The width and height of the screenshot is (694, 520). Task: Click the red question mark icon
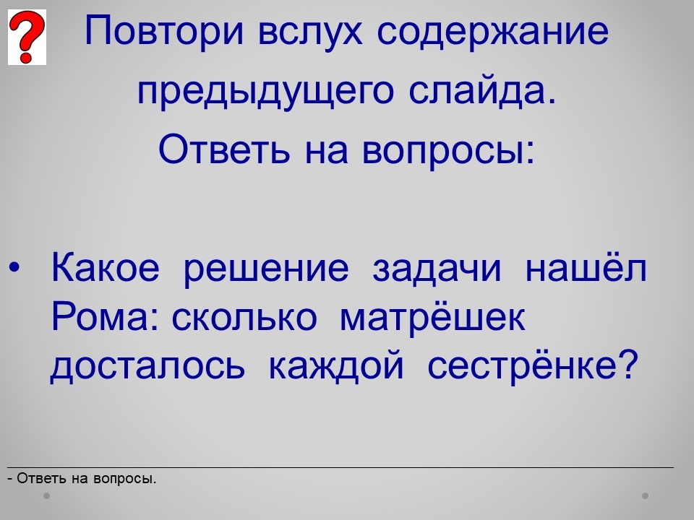(27, 37)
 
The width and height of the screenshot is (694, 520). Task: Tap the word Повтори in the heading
(164, 31)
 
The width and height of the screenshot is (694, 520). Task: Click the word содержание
(493, 32)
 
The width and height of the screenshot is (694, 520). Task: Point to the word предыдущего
(265, 91)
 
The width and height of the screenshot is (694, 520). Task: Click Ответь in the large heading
(224, 149)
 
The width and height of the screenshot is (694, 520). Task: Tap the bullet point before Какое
(14, 267)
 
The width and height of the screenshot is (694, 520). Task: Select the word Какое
(106, 267)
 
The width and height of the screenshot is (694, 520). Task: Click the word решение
(266, 269)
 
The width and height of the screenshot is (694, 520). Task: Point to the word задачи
(437, 268)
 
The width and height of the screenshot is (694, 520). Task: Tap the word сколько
(244, 316)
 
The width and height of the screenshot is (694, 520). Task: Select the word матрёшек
(432, 318)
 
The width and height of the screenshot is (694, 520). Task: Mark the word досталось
(147, 365)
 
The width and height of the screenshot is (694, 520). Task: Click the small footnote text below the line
(82, 478)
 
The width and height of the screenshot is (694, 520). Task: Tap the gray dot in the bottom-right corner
(646, 495)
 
